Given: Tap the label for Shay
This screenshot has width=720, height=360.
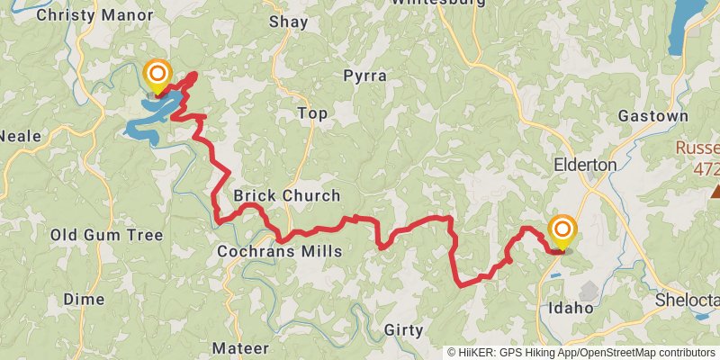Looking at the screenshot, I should [x=288, y=22].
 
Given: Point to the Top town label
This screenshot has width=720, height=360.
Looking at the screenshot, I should [x=312, y=113].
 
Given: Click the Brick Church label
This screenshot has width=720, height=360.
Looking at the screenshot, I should [x=286, y=195].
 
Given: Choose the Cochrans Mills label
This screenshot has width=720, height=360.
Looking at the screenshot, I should [x=279, y=251].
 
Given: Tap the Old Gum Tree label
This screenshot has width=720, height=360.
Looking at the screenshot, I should [x=106, y=235].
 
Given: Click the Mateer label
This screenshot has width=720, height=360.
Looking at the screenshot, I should [x=240, y=347].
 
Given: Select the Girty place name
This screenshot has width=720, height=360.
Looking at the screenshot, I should [x=402, y=330].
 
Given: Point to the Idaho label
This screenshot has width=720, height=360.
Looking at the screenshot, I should [x=571, y=308].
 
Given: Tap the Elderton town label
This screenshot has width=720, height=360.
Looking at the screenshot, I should [x=585, y=165].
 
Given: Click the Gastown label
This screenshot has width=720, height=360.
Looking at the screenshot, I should [x=652, y=116].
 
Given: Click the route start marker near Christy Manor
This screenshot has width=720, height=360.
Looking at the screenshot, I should [x=157, y=73].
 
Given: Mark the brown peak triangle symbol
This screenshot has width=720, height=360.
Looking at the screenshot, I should [x=715, y=191].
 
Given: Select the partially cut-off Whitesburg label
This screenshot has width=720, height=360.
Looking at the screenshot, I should [x=438, y=4].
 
